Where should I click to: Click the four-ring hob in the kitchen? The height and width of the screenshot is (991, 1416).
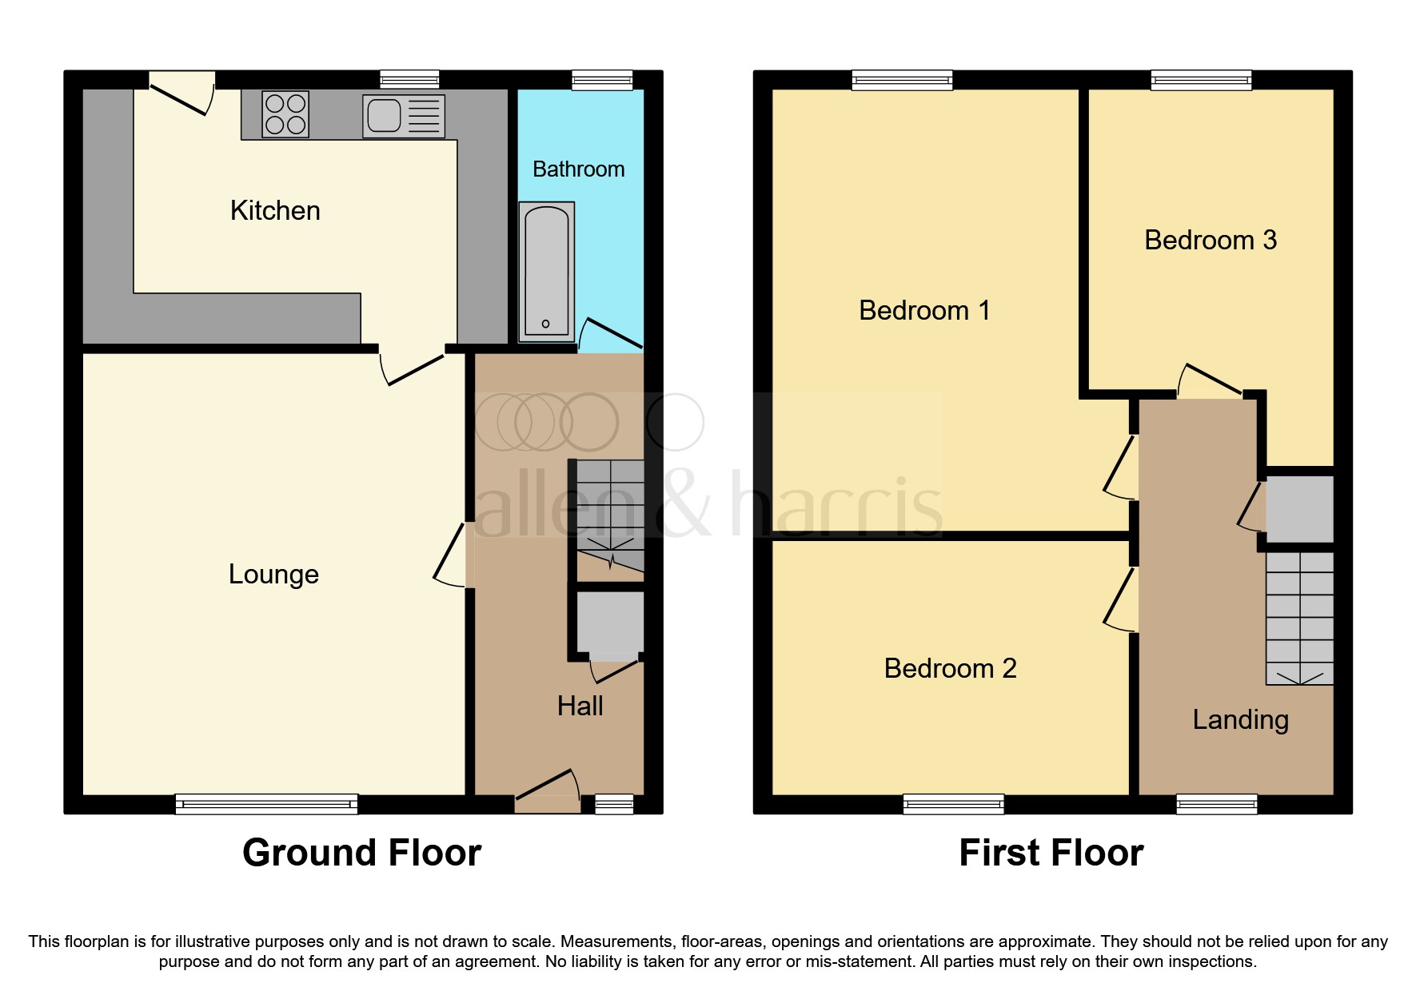[x=285, y=115]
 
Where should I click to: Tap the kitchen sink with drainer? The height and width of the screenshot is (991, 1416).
[x=403, y=116]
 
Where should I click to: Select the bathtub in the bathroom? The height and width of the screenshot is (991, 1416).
[x=546, y=270]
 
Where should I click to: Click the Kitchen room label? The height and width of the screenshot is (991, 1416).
[x=275, y=211]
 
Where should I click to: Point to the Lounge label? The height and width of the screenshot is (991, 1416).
[x=273, y=575]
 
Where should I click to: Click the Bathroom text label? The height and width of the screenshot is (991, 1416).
[x=578, y=169]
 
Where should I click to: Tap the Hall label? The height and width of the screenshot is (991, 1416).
[x=580, y=706]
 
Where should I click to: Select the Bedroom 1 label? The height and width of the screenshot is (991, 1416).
[x=924, y=310]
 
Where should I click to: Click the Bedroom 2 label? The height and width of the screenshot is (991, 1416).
[x=950, y=668]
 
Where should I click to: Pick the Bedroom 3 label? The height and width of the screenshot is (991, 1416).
[x=1210, y=240]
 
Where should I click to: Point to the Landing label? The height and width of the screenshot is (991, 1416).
[x=1240, y=720]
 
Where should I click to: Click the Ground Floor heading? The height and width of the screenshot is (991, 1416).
[x=361, y=853]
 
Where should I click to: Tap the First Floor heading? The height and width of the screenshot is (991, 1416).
[x=1051, y=853]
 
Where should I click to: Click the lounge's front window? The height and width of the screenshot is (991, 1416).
[x=266, y=804]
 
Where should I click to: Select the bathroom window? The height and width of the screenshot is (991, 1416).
[x=602, y=80]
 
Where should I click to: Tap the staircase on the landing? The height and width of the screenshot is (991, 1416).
[x=1299, y=618]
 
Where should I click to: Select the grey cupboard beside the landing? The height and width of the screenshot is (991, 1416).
[x=1299, y=509]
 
